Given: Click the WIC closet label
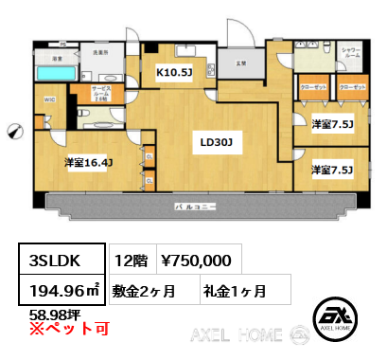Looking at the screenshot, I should pos(49,99).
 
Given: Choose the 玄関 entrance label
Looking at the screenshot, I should pos(241,63).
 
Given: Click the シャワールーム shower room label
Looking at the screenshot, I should pos(349,53).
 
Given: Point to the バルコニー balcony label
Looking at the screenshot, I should pos(196,206).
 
